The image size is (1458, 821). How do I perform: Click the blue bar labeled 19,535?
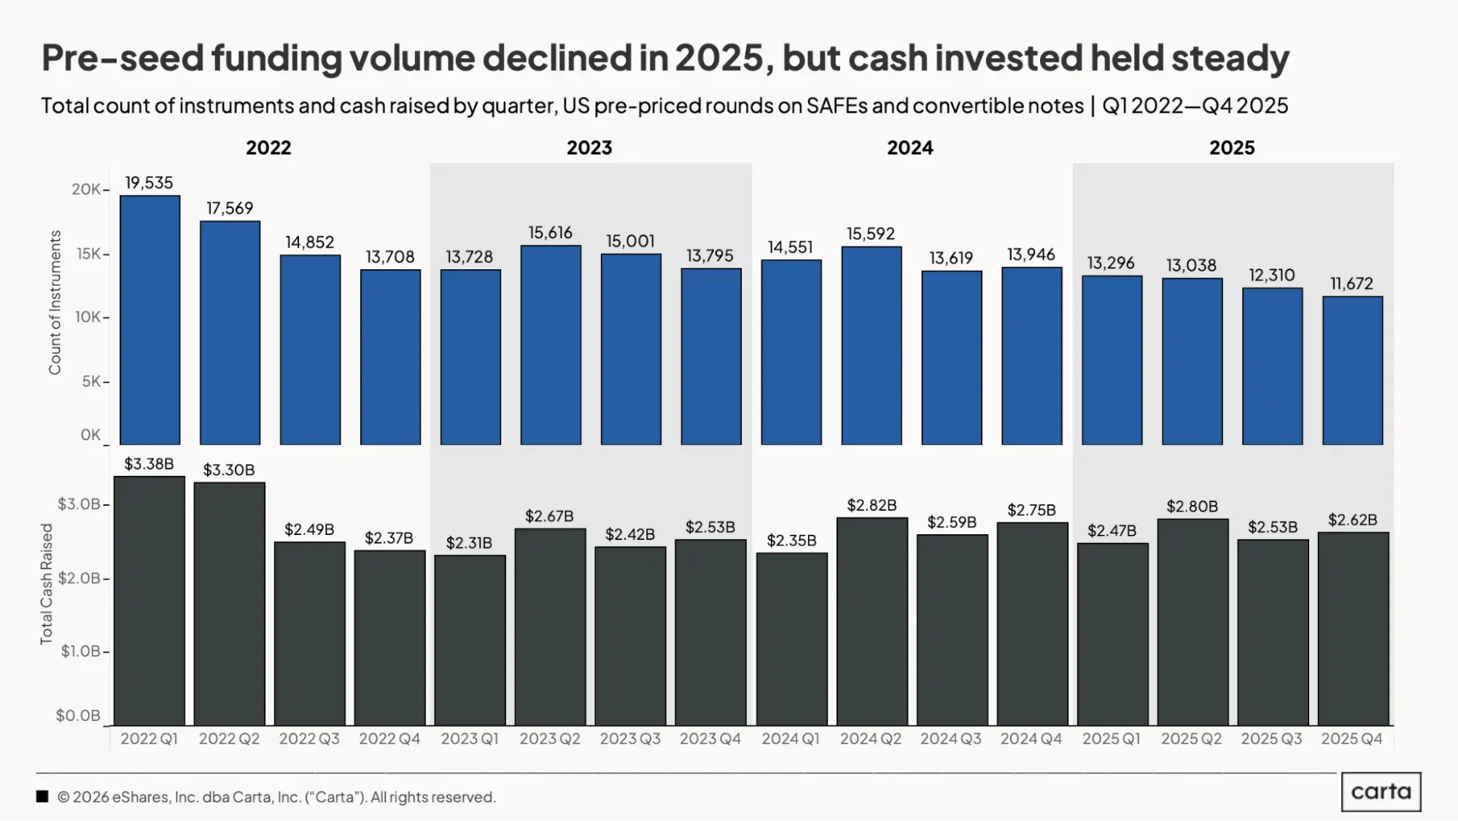[150, 320]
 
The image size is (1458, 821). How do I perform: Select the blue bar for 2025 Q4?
[1352, 370]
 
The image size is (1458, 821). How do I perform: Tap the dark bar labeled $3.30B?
[229, 604]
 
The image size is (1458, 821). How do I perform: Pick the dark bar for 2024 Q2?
[872, 621]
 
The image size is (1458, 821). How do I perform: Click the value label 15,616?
[551, 233]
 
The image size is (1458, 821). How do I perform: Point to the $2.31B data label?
[469, 543]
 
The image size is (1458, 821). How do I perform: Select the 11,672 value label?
[1352, 283]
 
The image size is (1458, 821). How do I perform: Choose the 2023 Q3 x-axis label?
[630, 739]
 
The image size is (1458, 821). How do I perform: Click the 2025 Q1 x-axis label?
[1111, 739]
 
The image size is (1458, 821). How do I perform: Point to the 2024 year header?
[910, 147]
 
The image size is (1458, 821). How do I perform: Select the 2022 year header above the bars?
[268, 147]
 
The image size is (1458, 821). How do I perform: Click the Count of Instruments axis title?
[55, 302]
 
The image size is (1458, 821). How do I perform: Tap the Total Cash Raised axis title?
[47, 584]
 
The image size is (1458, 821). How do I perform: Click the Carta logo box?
[1381, 792]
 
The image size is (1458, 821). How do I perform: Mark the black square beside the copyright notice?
[42, 797]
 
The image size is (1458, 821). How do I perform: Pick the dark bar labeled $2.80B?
[1193, 622]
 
